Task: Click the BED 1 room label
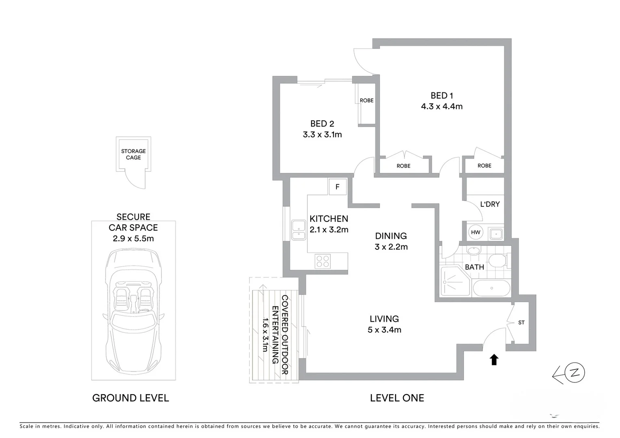[441, 96]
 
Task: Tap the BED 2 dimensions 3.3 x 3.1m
[322, 135]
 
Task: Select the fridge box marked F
[337, 187]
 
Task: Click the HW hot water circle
[476, 232]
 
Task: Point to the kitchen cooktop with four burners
[323, 261]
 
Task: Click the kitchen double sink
[299, 230]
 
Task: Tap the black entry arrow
[494, 359]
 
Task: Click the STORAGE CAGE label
[133, 155]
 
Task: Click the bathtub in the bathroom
[491, 288]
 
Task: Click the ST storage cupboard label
[521, 322]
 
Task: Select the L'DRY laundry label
[490, 204]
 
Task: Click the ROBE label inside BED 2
[366, 101]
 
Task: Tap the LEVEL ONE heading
[397, 398]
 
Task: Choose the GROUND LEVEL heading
[131, 398]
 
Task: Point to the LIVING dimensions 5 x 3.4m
[384, 330]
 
